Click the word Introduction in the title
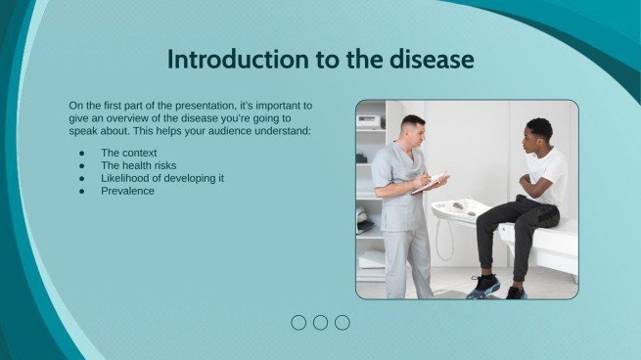click(228, 60)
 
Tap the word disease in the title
click(426, 60)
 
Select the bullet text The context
click(128, 153)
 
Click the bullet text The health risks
click(138, 165)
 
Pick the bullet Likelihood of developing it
click(162, 178)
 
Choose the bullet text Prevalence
click(127, 191)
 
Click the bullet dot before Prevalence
click(80, 191)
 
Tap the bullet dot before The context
click(80, 153)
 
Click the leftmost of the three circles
click(298, 322)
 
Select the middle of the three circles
click(320, 322)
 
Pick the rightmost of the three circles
click(342, 322)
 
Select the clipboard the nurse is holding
click(432, 182)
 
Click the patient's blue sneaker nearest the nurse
click(482, 286)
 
